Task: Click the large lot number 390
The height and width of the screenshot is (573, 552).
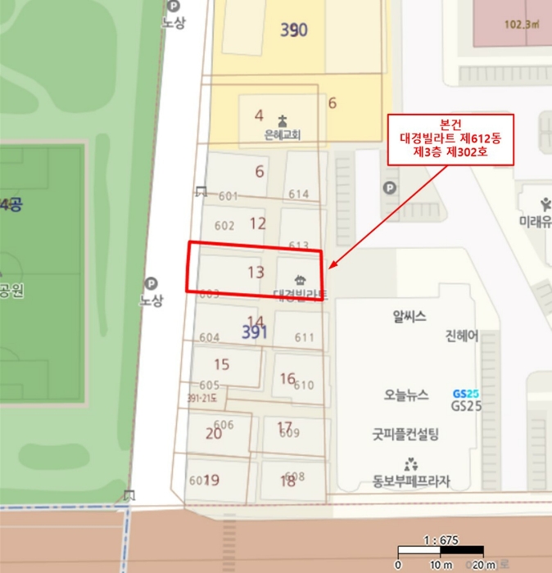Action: (x=294, y=30)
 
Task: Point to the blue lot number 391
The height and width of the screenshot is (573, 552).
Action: (x=255, y=333)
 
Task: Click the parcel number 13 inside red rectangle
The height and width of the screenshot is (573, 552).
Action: (x=256, y=272)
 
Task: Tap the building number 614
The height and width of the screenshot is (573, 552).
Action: (x=299, y=194)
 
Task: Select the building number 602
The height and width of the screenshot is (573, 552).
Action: (x=224, y=226)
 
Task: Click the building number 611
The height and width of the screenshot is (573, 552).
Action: (x=304, y=337)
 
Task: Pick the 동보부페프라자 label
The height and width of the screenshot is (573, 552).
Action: (x=412, y=481)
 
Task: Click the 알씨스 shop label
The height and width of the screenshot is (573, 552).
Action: (x=409, y=317)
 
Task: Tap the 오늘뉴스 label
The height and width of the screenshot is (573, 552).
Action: (x=406, y=394)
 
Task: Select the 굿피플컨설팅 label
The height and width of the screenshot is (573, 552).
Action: (x=405, y=434)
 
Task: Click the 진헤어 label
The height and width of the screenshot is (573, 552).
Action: (x=461, y=336)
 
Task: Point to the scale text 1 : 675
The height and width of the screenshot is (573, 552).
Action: (x=441, y=540)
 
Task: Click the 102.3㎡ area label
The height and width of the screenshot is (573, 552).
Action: (x=522, y=24)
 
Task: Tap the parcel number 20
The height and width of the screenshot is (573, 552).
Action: (x=214, y=433)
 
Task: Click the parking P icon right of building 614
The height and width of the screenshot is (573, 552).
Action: (x=389, y=188)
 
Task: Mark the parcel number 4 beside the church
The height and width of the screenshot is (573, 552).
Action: (x=259, y=115)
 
